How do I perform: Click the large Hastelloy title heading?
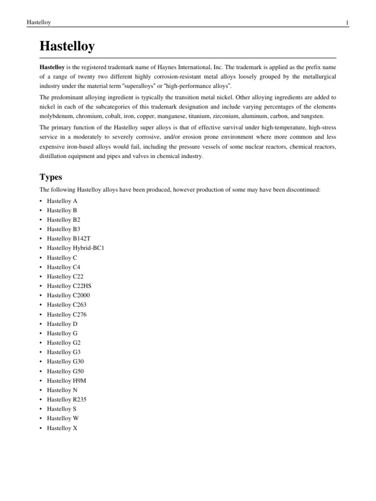point(67,47)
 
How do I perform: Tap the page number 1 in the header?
point(347,23)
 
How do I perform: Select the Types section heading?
point(51,176)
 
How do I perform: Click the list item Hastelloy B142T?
point(69,238)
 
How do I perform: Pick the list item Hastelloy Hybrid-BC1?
point(75,248)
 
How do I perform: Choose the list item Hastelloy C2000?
point(68,296)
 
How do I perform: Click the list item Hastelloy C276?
point(67,315)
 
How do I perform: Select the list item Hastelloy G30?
point(65,362)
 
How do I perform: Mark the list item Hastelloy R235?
point(67,400)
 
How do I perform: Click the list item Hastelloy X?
point(62,428)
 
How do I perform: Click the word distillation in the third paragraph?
point(55,157)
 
